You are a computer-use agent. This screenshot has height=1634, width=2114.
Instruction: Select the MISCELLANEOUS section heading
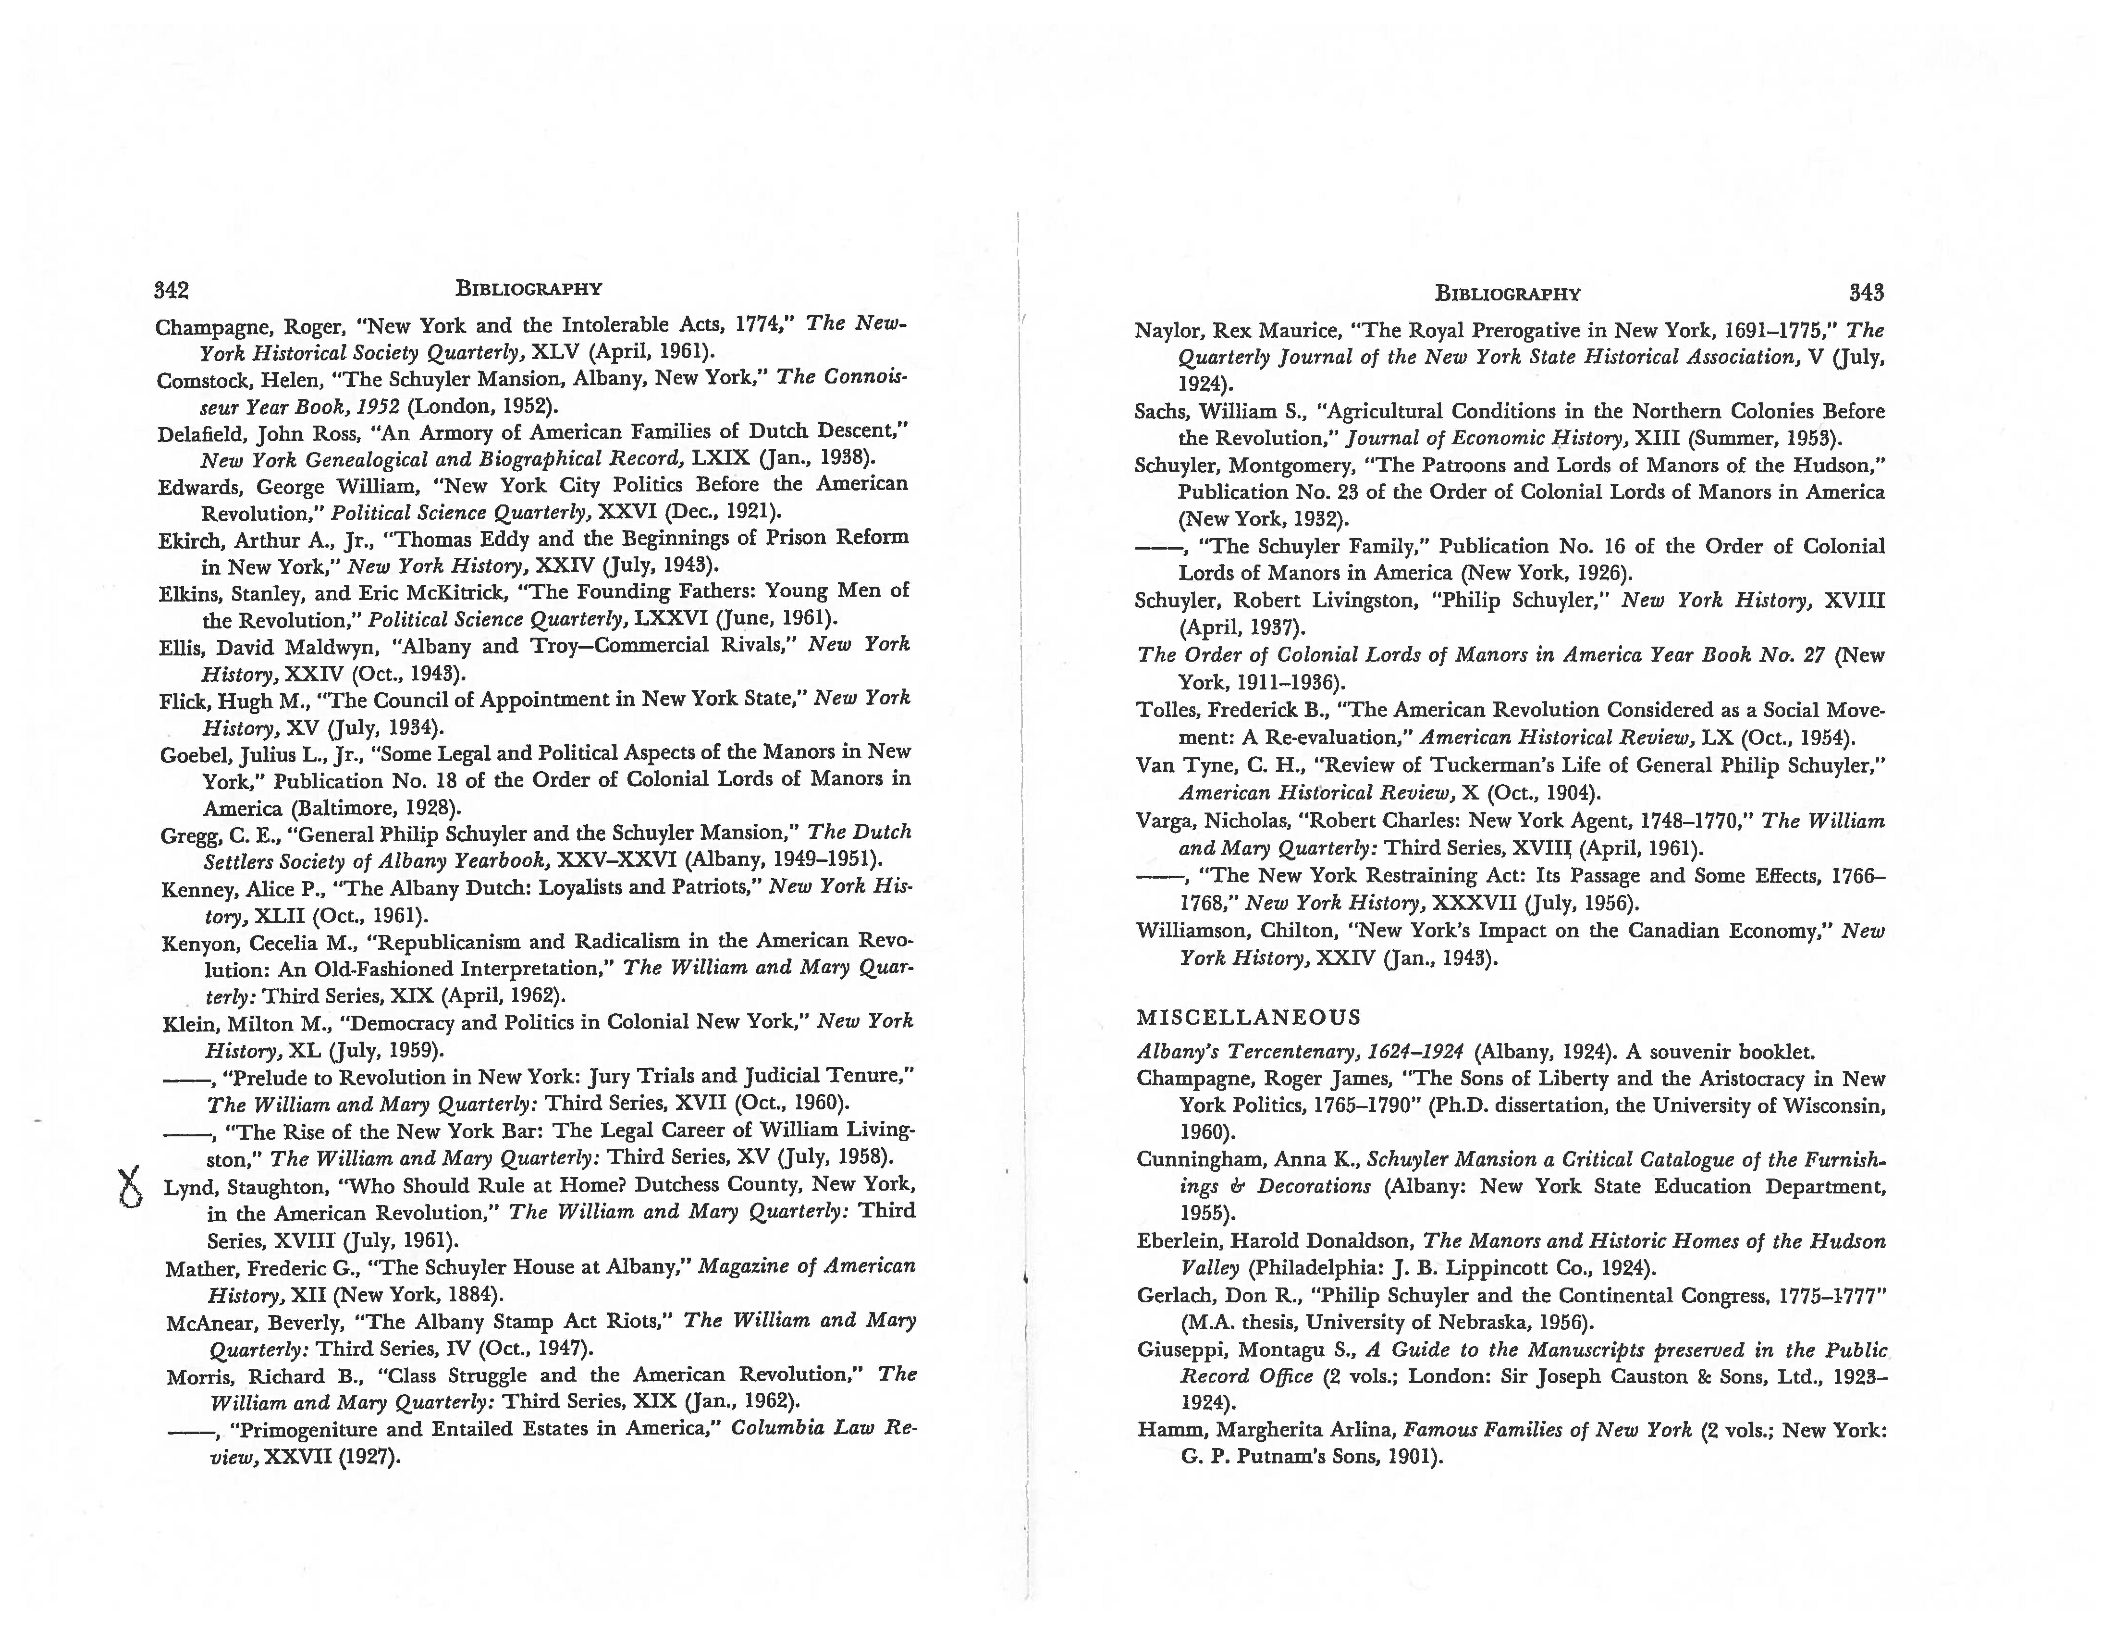1249,1017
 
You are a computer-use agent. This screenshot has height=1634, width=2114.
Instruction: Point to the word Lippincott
1497,1268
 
